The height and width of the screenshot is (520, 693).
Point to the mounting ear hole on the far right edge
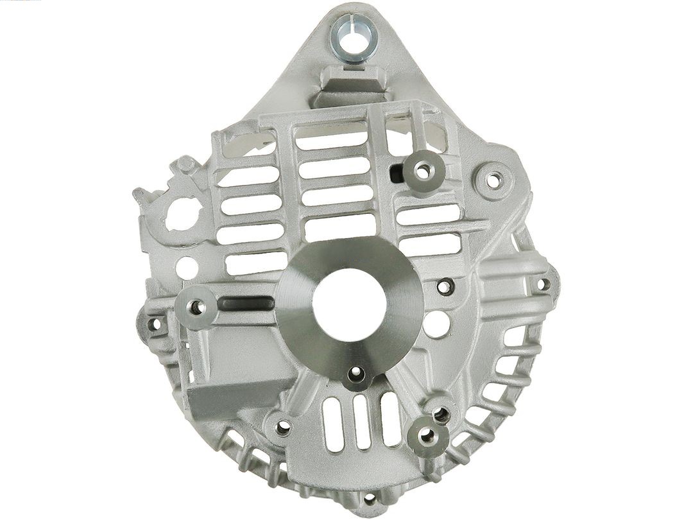coord(543,282)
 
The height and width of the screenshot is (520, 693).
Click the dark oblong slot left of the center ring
coord(246,302)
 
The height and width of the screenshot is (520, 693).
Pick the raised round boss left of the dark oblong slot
coord(198,307)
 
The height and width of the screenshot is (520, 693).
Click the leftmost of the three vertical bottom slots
coord(332,424)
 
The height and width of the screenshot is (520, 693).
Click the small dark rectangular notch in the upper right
coord(397,171)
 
